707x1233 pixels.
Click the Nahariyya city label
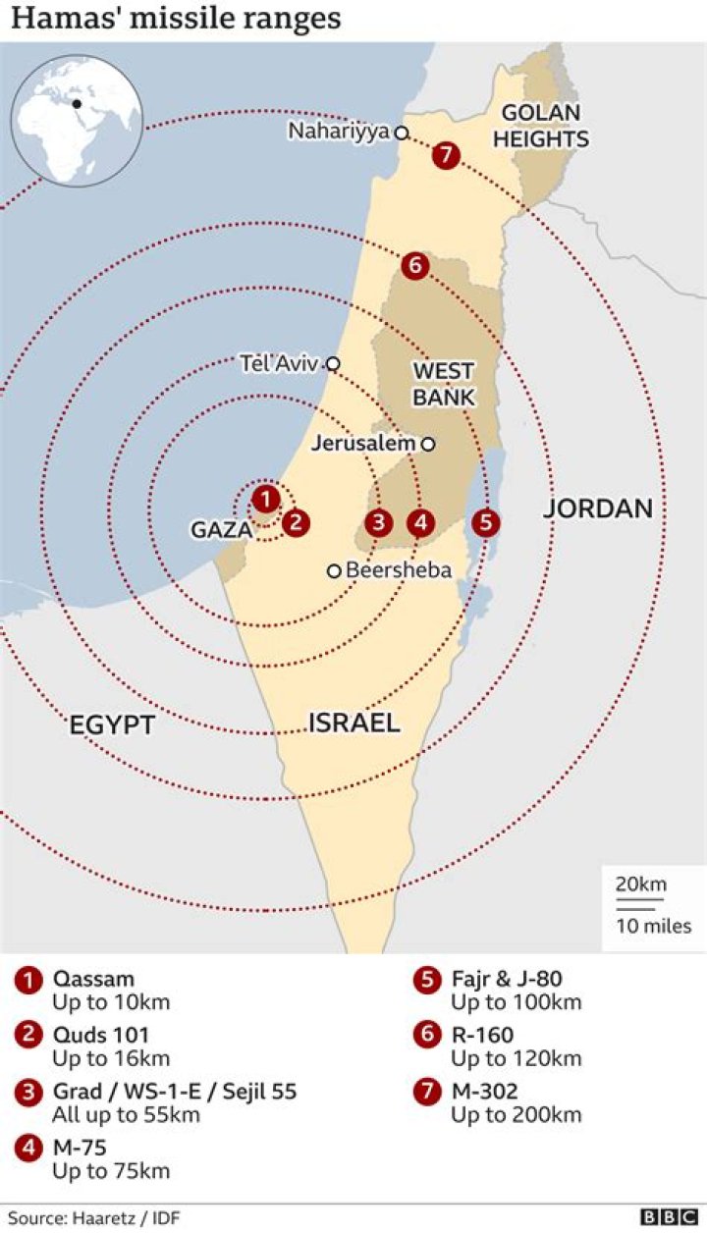tap(339, 132)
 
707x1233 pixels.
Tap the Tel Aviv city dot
tap(333, 364)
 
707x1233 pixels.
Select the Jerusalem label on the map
tap(363, 444)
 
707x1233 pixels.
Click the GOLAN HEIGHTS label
tap(541, 126)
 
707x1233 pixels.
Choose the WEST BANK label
tap(443, 384)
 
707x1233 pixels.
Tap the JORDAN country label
tap(598, 508)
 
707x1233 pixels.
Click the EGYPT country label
tap(112, 725)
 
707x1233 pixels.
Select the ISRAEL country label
tap(354, 724)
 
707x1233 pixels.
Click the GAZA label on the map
tap(221, 530)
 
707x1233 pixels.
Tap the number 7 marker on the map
tap(447, 155)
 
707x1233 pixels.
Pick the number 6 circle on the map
tap(414, 265)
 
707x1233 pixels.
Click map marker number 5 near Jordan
tap(485, 522)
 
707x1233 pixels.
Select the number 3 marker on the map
tap(379, 522)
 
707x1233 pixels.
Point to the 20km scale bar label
tap(640, 884)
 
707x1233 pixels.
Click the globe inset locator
tap(77, 120)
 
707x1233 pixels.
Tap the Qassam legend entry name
tap(93, 979)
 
